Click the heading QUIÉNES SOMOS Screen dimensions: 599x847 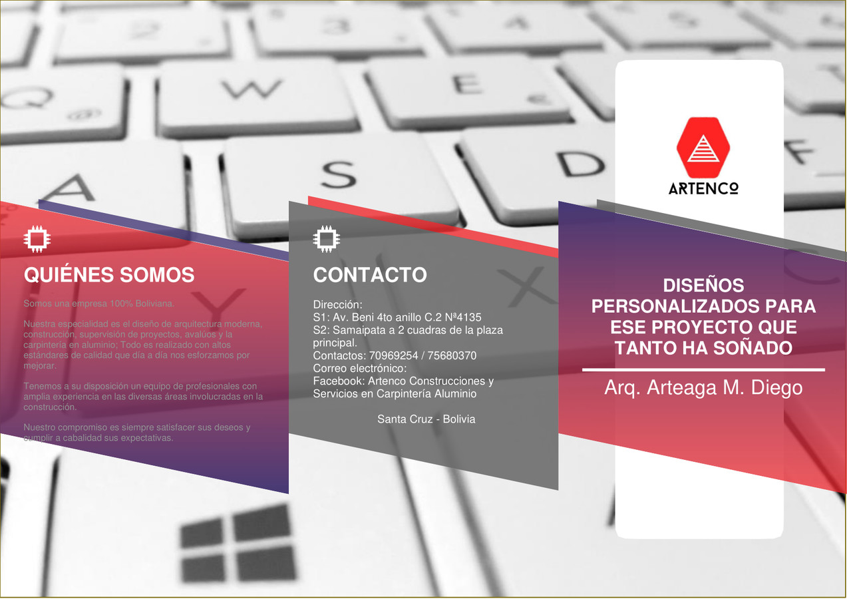pos(109,275)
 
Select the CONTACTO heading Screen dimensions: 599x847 pos(370,275)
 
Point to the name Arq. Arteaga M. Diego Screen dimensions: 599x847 pos(703,387)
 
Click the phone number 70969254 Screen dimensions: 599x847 pos(393,356)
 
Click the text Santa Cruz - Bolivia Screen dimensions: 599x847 pos(426,419)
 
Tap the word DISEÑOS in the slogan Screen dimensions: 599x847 pos(703,286)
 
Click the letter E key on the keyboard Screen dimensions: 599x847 pos(467,85)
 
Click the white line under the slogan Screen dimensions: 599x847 pos(703,369)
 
